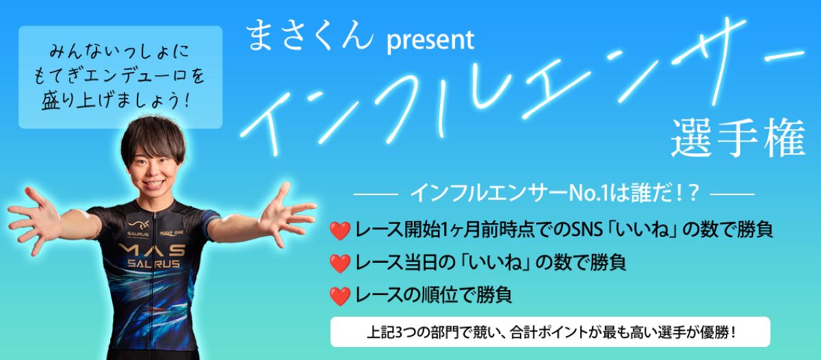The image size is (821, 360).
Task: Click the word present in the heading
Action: pos(430,40)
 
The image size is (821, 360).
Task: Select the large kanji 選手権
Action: pos(738,138)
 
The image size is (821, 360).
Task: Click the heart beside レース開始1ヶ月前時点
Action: pos(340,231)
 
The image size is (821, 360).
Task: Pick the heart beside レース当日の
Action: pos(340,263)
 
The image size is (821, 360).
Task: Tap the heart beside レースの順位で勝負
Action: pos(340,296)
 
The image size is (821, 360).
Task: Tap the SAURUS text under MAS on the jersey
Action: pos(153,263)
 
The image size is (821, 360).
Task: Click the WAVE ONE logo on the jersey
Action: pos(172,233)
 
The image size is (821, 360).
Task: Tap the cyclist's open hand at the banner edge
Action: pos(35,220)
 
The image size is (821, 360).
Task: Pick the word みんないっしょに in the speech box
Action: pos(120,52)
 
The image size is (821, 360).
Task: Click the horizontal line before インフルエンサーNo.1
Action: pos(376,194)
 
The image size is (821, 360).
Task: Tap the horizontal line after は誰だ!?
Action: pos(732,194)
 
